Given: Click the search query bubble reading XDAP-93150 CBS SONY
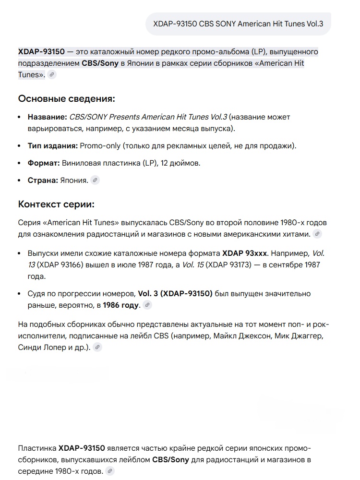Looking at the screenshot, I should (x=238, y=24).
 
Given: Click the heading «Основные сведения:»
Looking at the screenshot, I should (x=67, y=99).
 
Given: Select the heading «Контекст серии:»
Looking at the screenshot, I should (x=56, y=204).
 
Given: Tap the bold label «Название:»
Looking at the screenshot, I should (x=47, y=117).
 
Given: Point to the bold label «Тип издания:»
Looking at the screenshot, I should (x=53, y=146).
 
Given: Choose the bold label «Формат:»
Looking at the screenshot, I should (x=44, y=163).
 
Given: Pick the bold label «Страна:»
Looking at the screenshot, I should (x=42, y=180).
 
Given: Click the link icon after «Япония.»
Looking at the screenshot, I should (x=95, y=180).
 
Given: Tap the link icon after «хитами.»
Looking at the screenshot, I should (x=317, y=234).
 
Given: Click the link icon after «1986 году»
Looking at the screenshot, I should (x=147, y=305).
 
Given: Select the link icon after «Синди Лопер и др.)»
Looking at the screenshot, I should (x=97, y=347).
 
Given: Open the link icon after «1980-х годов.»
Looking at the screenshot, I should (x=110, y=471).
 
